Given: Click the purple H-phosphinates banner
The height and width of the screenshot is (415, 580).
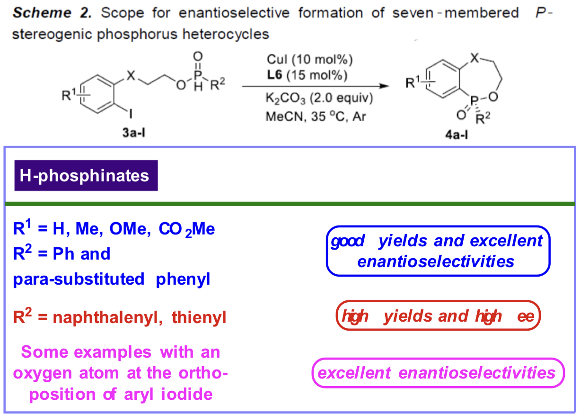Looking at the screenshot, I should click(x=86, y=176).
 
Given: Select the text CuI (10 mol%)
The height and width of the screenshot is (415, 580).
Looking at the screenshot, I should click(x=310, y=60).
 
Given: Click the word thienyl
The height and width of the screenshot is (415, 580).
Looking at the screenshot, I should click(x=199, y=317).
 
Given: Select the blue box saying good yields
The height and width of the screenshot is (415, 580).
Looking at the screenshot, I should click(x=438, y=251).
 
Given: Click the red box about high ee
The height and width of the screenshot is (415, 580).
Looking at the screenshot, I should click(x=438, y=316).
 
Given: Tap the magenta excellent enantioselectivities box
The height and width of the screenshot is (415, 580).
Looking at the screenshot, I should click(x=438, y=373).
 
